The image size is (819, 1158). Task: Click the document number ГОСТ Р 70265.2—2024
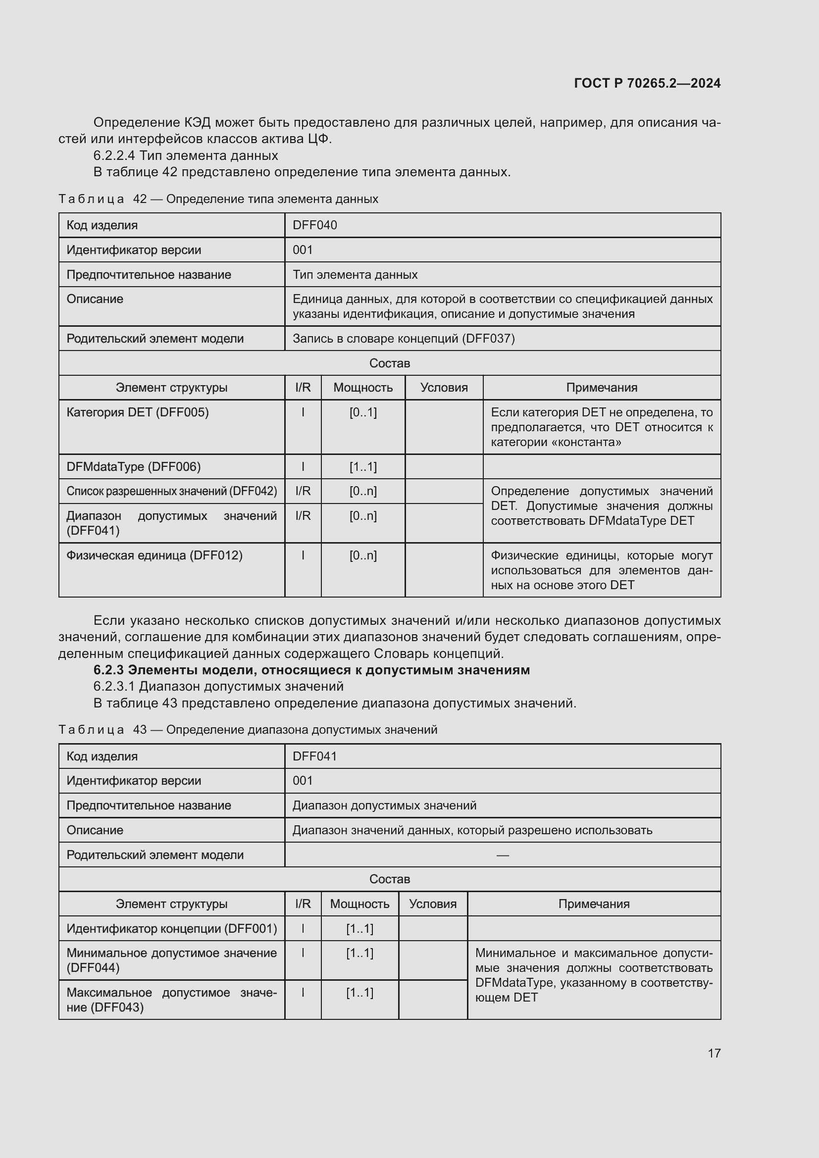coord(647,83)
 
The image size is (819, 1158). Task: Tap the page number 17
coord(714,1053)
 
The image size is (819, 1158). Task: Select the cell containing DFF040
coord(315,225)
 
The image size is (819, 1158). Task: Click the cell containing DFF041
coord(315,756)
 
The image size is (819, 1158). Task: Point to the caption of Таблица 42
coord(218,199)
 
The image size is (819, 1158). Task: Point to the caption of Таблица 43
coord(248,730)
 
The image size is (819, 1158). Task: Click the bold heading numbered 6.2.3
coord(311,670)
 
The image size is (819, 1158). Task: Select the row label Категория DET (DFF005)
coord(137,412)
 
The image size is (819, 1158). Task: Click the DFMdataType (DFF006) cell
coord(133,466)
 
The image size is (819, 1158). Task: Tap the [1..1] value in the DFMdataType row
coord(362,466)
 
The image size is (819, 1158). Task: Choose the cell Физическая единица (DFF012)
coord(154,555)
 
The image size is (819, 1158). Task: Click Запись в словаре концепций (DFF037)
coord(404,339)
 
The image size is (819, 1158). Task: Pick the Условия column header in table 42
coord(444,387)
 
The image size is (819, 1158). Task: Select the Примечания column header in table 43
coord(594,904)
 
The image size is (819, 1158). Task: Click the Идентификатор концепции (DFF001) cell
coord(171,928)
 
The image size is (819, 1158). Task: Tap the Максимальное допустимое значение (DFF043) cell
coord(171,1000)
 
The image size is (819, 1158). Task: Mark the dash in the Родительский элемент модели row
coord(502,855)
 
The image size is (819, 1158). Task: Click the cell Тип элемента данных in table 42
coord(355,275)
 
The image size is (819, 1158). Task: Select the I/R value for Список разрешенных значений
coord(303,491)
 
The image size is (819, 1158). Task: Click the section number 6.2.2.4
coord(114,155)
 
